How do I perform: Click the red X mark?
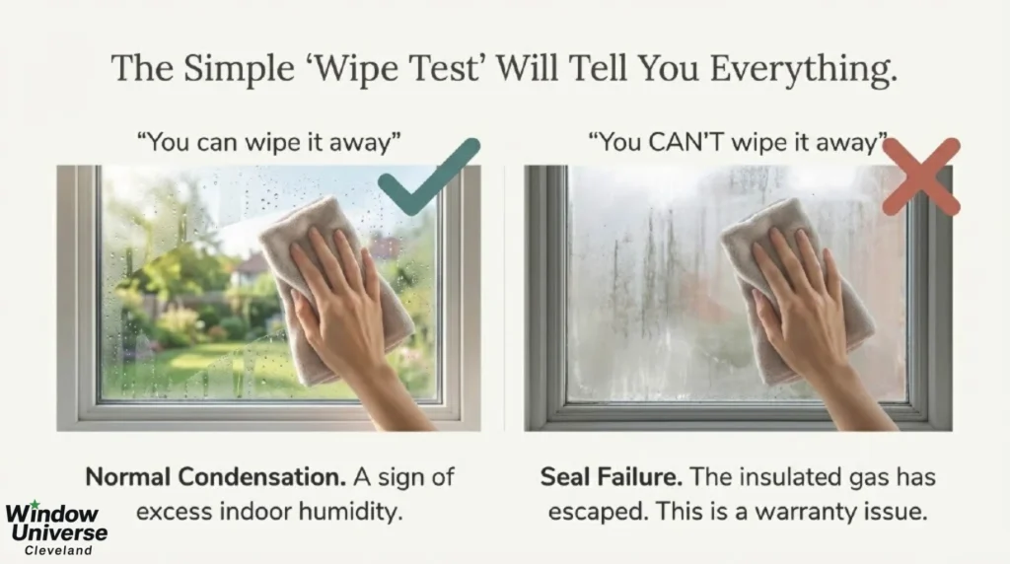coord(920,176)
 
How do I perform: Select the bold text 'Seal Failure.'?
coord(612,477)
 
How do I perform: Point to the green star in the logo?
coord(36,505)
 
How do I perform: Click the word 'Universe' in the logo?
coord(56,532)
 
